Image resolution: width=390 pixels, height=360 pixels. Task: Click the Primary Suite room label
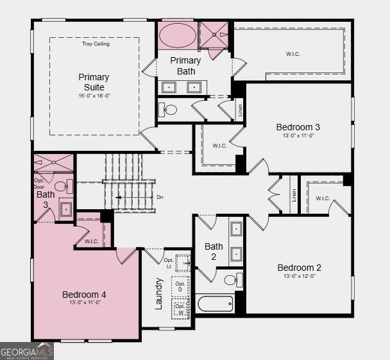[94, 82]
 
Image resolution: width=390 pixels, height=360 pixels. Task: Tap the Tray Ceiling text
[96, 44]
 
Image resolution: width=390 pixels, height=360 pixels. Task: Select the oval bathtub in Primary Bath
[176, 35]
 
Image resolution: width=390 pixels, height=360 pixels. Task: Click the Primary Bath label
[186, 65]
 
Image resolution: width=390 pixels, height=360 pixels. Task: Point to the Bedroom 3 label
[298, 127]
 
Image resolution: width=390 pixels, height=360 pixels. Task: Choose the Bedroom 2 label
[299, 268]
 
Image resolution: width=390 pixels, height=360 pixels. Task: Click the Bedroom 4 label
[84, 295]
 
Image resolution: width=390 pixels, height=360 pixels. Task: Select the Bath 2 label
[214, 251]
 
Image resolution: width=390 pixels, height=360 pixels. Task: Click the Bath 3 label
[46, 199]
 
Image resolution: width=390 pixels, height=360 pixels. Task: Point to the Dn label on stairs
[160, 197]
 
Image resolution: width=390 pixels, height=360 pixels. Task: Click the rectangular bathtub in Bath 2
[215, 303]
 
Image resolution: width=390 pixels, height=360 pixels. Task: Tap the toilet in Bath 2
[232, 280]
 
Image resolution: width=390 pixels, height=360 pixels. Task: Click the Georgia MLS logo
[27, 351]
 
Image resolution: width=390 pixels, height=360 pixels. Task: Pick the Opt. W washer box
[180, 309]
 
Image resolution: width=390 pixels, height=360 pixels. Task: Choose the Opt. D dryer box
[180, 287]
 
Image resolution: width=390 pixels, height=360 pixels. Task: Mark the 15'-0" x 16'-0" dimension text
[94, 96]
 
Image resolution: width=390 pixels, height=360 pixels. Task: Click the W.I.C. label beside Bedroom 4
[90, 241]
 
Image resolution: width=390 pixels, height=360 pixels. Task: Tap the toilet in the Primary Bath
[168, 110]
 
